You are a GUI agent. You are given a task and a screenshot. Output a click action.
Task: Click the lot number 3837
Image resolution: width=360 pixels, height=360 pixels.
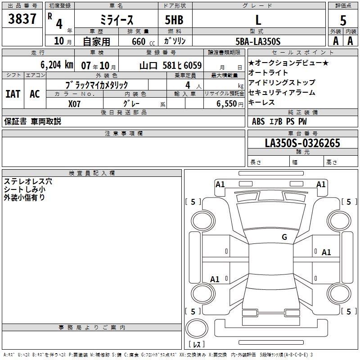point(22,19)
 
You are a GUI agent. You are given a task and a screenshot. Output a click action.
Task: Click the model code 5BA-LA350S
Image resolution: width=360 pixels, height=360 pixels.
point(257,41)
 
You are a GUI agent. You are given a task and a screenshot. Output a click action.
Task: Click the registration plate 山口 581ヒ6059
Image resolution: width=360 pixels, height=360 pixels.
point(171,65)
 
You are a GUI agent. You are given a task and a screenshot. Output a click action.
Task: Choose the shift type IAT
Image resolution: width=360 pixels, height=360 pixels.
point(13,94)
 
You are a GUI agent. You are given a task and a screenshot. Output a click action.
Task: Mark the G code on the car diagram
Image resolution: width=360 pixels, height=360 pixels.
point(284,237)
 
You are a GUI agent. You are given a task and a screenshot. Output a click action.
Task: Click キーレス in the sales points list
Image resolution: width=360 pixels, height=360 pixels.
point(261,103)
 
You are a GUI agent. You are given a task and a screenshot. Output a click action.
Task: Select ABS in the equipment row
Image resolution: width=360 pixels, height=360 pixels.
point(258,121)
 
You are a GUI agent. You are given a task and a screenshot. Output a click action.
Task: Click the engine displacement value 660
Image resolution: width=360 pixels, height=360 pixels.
point(139,42)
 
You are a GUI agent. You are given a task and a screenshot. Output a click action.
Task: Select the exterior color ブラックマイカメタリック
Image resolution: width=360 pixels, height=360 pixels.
point(97,85)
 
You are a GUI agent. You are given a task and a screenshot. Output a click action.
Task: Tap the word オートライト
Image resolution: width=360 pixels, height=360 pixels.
point(268,72)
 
